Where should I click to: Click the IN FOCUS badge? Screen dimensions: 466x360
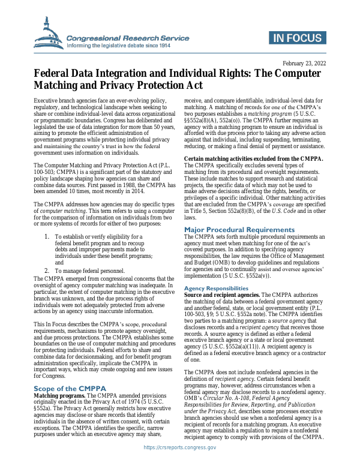297,38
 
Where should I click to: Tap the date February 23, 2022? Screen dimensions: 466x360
304,63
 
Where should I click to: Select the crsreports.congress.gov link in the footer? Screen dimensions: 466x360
180,447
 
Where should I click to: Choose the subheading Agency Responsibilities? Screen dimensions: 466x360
216,288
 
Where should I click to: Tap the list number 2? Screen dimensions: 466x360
47,271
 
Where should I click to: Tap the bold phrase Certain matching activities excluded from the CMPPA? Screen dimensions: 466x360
254,158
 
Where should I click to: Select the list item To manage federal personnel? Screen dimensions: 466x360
90,271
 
